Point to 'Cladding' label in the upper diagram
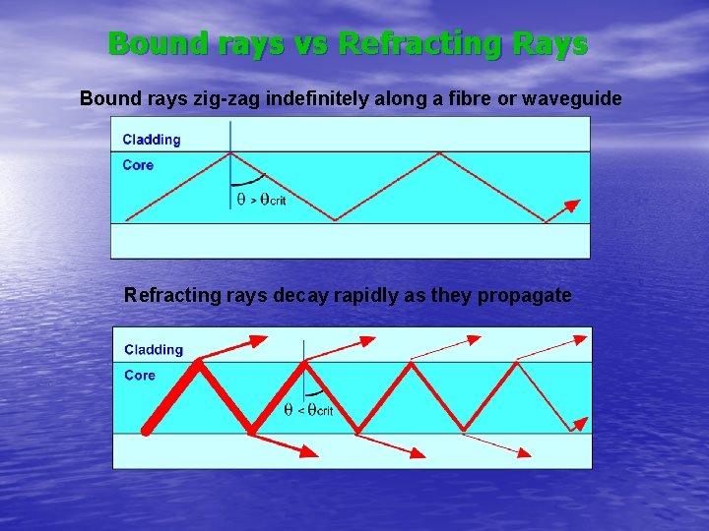(x=152, y=140)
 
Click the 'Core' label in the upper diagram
(x=138, y=165)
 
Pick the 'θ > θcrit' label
(x=261, y=200)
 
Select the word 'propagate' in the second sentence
(x=524, y=295)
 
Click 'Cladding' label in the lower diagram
(x=154, y=350)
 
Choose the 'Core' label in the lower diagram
(x=140, y=375)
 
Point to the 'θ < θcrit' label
(x=308, y=409)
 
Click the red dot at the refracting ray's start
(x=146, y=430)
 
